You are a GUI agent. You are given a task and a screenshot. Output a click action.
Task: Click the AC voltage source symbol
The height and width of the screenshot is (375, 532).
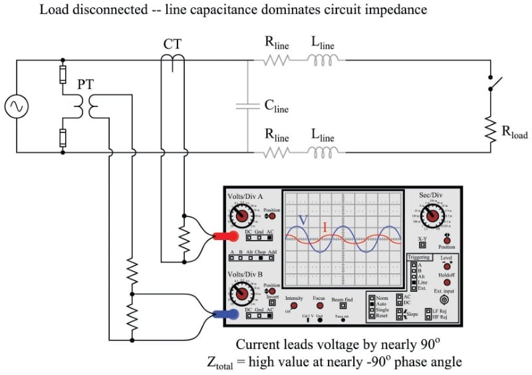[x=15, y=107]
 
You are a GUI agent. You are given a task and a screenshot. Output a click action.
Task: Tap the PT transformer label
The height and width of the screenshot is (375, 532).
[x=85, y=85]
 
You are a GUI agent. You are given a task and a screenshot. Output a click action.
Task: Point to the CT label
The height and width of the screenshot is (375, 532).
[x=172, y=45]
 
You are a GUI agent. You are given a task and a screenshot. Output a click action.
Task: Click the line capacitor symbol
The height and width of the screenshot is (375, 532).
[x=248, y=106]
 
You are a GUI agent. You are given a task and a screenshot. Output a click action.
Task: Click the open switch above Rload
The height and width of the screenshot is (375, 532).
[x=493, y=84]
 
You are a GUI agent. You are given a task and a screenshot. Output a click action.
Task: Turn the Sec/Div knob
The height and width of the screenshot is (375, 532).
[x=433, y=216]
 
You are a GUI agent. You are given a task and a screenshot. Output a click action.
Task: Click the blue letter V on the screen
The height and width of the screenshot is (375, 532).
[x=303, y=220]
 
